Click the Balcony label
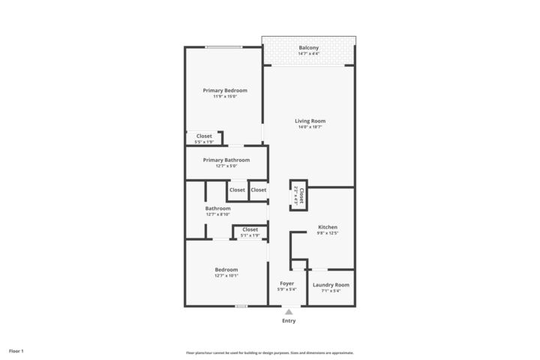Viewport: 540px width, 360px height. coord(308,48)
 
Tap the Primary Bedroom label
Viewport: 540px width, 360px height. coord(225,90)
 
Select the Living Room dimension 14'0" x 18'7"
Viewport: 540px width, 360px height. coord(310,127)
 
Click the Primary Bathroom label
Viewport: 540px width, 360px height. coord(226,160)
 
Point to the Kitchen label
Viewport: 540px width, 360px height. coord(328,226)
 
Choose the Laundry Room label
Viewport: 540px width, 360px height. coord(331,284)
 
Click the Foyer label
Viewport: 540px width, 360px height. coord(286,283)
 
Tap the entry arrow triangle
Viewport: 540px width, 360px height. coord(289,311)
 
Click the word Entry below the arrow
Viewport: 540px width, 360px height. coord(289,321)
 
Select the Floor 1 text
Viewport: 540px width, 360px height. coord(16,351)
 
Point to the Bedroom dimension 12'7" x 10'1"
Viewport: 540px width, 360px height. coord(226,275)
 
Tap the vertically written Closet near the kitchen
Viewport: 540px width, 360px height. coord(300,196)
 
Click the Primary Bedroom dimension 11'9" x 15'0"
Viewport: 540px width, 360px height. coord(225,96)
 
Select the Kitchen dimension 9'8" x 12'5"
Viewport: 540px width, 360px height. coord(328,232)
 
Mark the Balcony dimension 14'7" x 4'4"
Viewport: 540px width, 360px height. coord(308,54)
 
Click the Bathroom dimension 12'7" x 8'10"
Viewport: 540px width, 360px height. coord(218,214)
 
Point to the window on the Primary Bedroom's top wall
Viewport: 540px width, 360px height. coord(223,47)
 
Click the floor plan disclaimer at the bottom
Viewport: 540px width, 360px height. coord(270,352)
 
